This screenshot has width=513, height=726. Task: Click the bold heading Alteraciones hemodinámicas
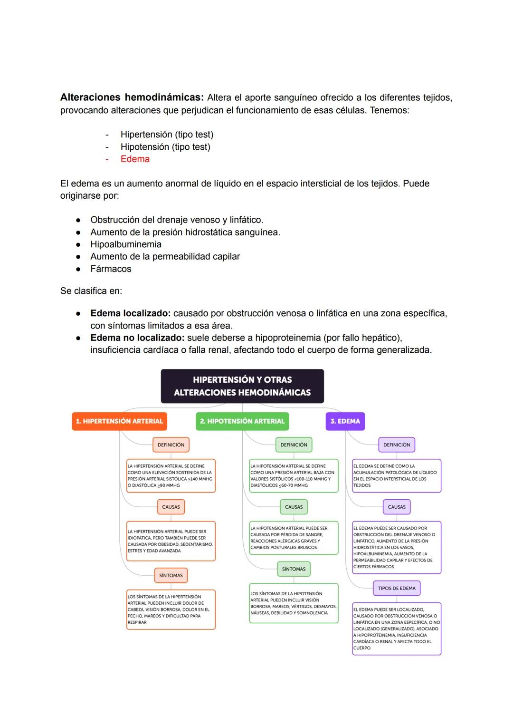click(132, 97)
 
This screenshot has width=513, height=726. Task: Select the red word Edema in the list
click(135, 159)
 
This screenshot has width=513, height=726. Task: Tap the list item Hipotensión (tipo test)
click(165, 147)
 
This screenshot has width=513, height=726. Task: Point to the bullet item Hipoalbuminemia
click(126, 244)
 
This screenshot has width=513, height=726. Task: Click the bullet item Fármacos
click(111, 269)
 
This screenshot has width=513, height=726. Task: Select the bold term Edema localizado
click(130, 313)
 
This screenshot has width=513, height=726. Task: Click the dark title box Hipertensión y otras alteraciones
click(242, 386)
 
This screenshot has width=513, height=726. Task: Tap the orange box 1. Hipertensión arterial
click(119, 421)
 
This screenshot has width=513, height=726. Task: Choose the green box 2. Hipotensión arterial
click(242, 421)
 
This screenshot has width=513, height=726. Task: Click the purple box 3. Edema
click(345, 421)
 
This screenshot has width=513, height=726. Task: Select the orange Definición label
click(171, 445)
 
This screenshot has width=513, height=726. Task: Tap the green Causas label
click(294, 507)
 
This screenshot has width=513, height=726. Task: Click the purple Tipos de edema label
click(397, 588)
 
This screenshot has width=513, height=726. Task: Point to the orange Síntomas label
click(171, 575)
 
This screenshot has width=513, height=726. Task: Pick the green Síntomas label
click(294, 569)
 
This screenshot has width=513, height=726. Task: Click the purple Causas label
click(397, 507)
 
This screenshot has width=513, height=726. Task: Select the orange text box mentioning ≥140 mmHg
click(171, 475)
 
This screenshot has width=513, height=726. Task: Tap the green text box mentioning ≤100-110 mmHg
click(294, 475)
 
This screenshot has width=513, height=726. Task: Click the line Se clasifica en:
click(91, 291)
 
